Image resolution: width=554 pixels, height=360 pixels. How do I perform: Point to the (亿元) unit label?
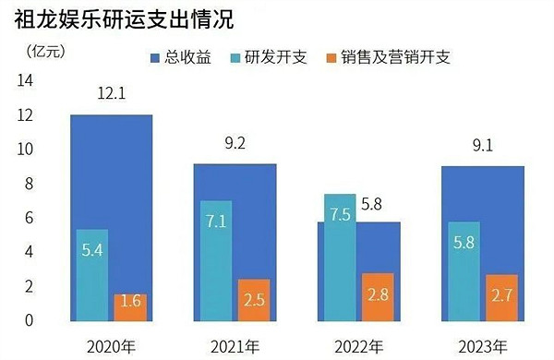tap(36, 50)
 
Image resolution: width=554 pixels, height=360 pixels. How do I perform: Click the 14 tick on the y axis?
tap(25, 81)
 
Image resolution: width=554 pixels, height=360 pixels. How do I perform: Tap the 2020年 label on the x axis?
tap(111, 347)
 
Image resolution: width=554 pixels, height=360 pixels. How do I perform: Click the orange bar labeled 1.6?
tap(130, 307)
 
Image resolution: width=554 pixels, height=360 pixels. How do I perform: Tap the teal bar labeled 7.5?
tap(338, 258)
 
